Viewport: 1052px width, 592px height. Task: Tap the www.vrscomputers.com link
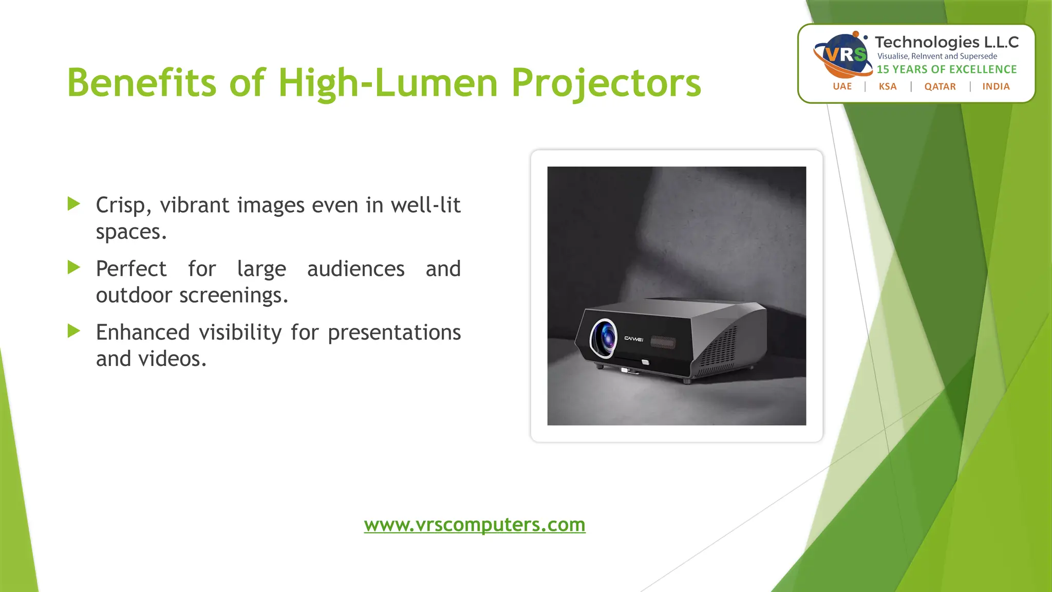pos(475,525)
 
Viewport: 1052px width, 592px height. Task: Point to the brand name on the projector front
pos(633,339)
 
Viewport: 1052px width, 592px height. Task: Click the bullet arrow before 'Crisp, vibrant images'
pos(74,204)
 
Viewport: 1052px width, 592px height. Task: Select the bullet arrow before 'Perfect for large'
pos(74,267)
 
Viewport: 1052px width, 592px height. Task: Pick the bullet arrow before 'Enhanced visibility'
pos(74,331)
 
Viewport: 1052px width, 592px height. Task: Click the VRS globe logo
pos(843,54)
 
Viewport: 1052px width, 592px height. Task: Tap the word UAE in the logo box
pos(842,86)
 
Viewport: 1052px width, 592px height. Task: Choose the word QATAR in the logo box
pos(940,86)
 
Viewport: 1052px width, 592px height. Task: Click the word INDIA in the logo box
pos(996,86)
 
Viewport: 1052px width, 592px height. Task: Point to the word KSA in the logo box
pos(888,86)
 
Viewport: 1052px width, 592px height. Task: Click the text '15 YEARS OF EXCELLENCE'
pos(947,69)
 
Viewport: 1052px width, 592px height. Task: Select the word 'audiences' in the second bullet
pos(356,269)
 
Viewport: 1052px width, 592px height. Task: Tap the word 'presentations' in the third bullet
pos(394,332)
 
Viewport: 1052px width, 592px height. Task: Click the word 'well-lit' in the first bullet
pos(425,205)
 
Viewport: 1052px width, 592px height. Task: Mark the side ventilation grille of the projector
pos(719,349)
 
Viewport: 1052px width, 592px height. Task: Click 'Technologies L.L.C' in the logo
pos(947,42)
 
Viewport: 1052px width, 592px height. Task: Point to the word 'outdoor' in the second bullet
pos(134,295)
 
